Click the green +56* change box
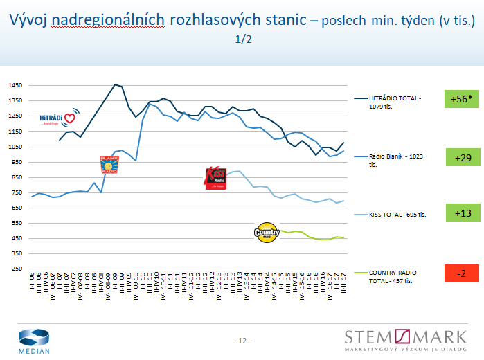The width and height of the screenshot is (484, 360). coord(463,99)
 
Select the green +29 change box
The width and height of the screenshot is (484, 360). coord(463,159)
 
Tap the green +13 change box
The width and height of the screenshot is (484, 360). coord(463,213)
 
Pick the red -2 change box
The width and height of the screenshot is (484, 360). coord(463,273)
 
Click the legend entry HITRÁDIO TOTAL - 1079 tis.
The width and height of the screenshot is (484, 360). coord(395,102)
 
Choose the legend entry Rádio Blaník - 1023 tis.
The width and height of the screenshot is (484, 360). coord(395,160)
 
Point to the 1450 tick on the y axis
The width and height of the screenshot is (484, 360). coord(15,85)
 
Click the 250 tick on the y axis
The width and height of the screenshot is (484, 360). coord(17,269)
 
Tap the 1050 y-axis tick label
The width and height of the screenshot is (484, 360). coord(15,147)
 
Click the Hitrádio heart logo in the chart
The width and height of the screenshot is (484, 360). coord(59,118)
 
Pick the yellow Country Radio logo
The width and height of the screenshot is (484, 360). coord(267,232)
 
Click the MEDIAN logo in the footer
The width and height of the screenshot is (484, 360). coord(34,341)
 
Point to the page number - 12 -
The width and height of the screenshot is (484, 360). coord(242,341)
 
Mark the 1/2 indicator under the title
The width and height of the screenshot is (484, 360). coord(243,39)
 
